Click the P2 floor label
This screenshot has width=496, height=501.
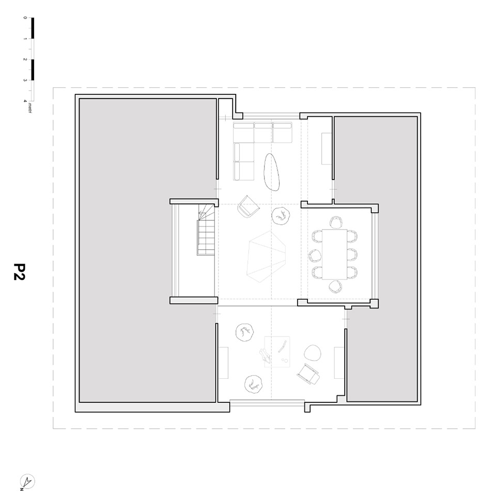19,272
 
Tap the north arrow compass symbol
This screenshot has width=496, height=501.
27,481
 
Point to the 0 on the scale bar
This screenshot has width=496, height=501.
25,18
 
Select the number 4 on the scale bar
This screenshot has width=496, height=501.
25,101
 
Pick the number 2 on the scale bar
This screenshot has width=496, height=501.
25,60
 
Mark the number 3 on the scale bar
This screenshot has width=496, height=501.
25,80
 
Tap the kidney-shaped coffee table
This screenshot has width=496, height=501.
272,172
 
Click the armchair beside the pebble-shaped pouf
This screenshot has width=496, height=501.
308,373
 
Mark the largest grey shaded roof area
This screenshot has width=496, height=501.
147,250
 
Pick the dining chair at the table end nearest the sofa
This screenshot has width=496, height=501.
336,222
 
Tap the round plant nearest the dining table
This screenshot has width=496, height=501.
282,215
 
